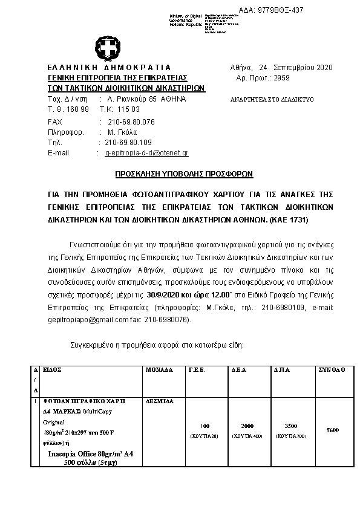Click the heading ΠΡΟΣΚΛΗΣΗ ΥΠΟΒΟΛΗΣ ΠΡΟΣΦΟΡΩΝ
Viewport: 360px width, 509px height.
click(x=184, y=173)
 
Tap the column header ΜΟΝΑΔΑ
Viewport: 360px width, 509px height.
click(x=160, y=369)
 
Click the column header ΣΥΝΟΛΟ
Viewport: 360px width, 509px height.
click(x=332, y=369)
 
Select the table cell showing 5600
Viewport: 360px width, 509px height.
click(x=332, y=430)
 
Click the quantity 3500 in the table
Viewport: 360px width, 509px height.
click(x=290, y=426)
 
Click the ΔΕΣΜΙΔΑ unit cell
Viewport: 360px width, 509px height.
click(x=160, y=400)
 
